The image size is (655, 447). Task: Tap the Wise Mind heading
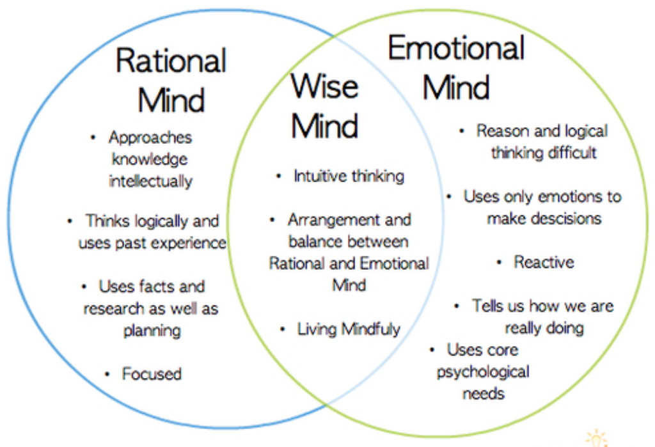pyautogui.click(x=325, y=106)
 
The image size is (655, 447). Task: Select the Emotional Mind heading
pyautogui.click(x=456, y=68)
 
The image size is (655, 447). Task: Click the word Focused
pyautogui.click(x=152, y=374)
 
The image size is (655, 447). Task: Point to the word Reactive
pyautogui.click(x=544, y=262)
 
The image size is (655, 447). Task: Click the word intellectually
pyautogui.click(x=150, y=181)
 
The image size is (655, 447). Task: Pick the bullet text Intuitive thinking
pyautogui.click(x=349, y=176)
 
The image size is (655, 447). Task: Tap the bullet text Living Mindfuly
pyautogui.click(x=349, y=329)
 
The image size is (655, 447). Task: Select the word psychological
pyautogui.click(x=483, y=372)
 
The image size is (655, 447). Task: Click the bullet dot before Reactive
pyautogui.click(x=500, y=262)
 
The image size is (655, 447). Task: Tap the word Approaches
pyautogui.click(x=150, y=137)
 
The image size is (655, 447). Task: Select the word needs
pyautogui.click(x=483, y=393)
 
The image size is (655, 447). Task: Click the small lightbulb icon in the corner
pyautogui.click(x=596, y=439)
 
